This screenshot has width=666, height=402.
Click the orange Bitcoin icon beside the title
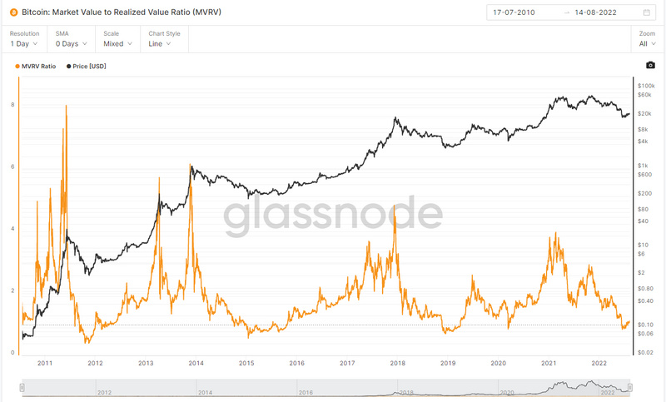pos(13,12)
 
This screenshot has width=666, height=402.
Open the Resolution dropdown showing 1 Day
pos(25,43)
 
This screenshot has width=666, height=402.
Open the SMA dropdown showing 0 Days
pos(70,43)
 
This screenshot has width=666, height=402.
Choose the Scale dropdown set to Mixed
pos(114,43)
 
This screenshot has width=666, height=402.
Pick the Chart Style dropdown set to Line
pos(160,43)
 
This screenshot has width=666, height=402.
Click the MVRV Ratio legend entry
pos(37,66)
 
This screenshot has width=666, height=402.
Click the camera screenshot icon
pos(650,66)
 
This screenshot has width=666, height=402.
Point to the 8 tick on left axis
pos(12,105)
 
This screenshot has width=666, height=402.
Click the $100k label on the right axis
pos(646,86)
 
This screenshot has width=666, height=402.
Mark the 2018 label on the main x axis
pos(397,364)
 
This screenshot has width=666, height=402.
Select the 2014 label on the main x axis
pos(196,364)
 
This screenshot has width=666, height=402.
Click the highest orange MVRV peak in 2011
pos(66,107)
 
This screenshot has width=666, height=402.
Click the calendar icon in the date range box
pos(647,12)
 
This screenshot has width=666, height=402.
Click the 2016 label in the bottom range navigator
pos(306,392)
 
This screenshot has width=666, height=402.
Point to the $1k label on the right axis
pos(643,165)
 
